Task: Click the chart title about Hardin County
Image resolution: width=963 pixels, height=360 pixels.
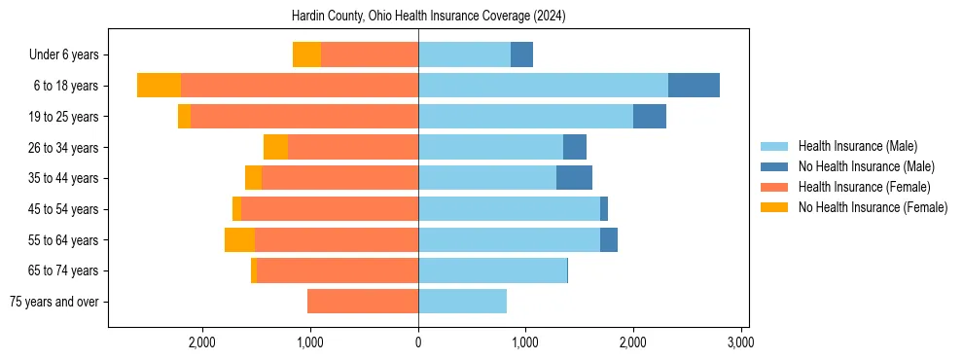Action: click(x=428, y=17)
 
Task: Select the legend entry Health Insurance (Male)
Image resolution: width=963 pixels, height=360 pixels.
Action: click(x=856, y=146)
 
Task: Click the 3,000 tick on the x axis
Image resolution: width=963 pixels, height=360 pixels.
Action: click(x=740, y=342)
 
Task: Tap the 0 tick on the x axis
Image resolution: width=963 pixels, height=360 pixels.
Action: click(x=418, y=342)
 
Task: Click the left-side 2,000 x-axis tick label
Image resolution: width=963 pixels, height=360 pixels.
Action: click(x=202, y=342)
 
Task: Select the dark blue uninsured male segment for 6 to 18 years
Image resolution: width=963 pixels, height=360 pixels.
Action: click(x=694, y=86)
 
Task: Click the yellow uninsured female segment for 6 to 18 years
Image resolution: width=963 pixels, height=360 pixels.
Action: click(x=159, y=86)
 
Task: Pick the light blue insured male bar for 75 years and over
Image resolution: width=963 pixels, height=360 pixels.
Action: click(x=462, y=302)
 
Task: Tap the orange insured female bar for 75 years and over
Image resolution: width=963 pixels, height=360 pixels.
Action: click(x=363, y=302)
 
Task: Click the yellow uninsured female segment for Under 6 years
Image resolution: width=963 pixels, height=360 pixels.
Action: click(x=306, y=55)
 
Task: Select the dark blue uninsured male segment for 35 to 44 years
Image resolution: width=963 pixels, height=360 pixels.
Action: click(x=574, y=178)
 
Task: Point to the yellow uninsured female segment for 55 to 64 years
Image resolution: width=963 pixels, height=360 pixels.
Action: click(x=239, y=239)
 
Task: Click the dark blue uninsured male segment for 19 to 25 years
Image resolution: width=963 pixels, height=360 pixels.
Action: click(x=649, y=117)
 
